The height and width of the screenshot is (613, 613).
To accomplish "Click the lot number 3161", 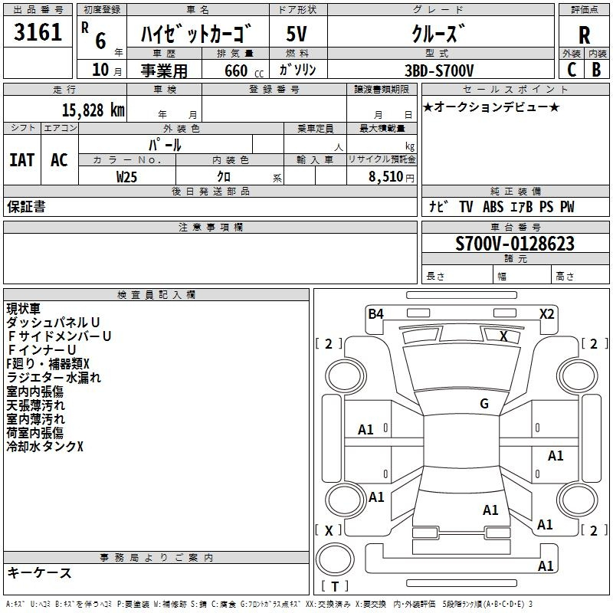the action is tap(38, 31).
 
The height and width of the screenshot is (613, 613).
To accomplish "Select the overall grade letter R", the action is tap(584, 35).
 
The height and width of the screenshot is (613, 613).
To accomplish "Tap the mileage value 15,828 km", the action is tap(93, 110).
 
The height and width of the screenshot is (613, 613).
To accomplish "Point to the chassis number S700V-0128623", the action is tap(515, 243).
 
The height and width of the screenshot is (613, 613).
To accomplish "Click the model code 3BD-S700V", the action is tap(439, 70).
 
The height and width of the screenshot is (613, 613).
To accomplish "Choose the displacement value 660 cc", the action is tap(244, 71).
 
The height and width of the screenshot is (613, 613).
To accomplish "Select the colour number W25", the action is tap(126, 177).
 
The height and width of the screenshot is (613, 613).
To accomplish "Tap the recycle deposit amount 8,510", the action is tap(386, 176).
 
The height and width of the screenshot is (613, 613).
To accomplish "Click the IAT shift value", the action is tap(22, 160).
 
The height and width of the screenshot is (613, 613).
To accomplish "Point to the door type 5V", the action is tap(297, 34).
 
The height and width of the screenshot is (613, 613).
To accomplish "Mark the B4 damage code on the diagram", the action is tap(375, 313).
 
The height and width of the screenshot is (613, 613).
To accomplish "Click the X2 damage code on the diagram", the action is tap(546, 313).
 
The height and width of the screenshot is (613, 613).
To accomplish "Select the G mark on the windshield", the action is tap(484, 404).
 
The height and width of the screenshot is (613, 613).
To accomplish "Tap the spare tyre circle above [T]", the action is tap(335, 559).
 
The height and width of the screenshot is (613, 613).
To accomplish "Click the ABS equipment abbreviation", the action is tap(493, 207).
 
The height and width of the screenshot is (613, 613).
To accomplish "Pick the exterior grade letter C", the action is tap(572, 70).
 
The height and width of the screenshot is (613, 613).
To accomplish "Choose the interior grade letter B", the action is tap(596, 70).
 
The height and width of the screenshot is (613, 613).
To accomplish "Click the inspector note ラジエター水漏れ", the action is tap(54, 378).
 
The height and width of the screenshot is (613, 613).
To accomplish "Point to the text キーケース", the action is tap(39, 572).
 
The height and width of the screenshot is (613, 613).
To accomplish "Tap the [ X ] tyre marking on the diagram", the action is tap(329, 530).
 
